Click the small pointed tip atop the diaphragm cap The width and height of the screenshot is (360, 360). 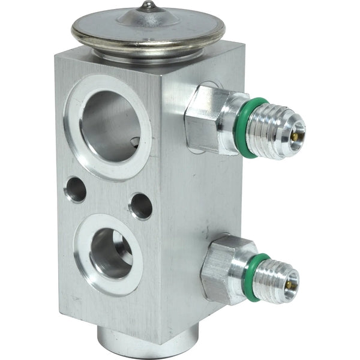[x=147, y=6]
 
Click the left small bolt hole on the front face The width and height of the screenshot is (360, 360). [x=76, y=189]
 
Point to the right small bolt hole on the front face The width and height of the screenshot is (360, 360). [x=140, y=206]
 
